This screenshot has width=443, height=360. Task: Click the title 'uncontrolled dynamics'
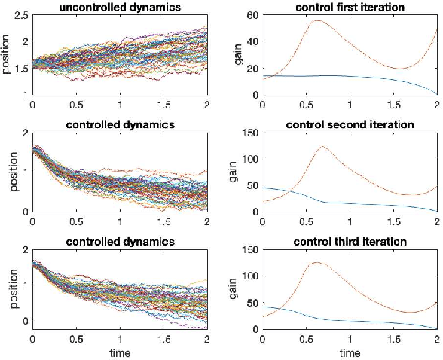click(119, 7)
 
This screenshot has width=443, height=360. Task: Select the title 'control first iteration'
click(349, 7)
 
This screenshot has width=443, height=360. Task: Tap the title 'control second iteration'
click(349, 124)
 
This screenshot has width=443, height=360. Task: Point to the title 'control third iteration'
click(349, 242)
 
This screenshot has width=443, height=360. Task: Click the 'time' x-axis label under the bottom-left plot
click(119, 352)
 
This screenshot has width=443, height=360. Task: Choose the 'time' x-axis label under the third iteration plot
click(349, 352)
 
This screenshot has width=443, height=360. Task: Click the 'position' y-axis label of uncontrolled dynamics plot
click(7, 55)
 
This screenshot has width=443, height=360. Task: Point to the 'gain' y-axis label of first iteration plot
click(237, 55)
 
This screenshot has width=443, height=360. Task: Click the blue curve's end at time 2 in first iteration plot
click(436, 93)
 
